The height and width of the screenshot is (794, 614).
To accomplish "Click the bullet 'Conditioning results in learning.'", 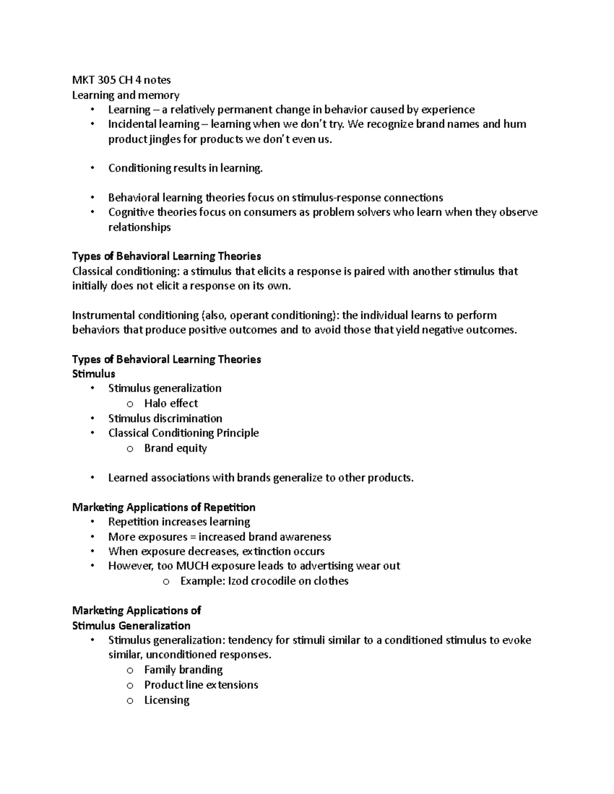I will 185,168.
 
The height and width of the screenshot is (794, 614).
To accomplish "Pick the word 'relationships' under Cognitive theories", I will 139,227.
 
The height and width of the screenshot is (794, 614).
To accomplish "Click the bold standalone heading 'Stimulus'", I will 94,374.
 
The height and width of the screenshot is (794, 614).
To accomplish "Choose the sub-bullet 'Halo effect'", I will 171,403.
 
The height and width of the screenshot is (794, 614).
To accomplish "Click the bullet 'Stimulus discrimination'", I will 165,418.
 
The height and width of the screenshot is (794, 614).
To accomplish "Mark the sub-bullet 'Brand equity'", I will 176,448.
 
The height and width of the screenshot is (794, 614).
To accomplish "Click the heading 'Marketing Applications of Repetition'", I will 164,507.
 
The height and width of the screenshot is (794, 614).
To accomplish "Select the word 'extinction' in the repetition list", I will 266,551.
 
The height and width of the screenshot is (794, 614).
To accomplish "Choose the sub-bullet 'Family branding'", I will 183,670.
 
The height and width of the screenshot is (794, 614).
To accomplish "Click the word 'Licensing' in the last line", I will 167,700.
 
